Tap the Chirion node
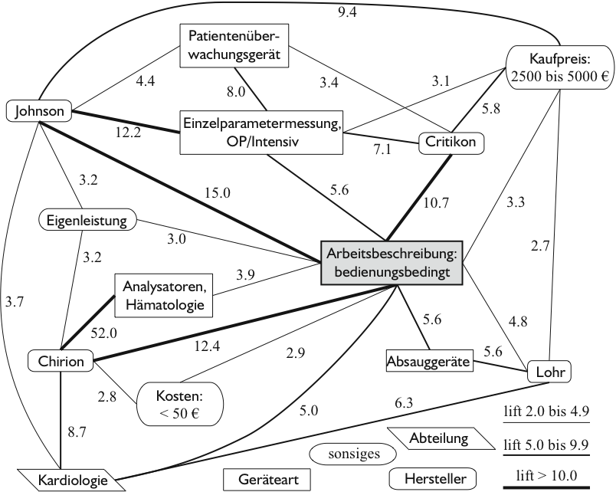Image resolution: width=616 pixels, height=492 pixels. (x=60, y=359)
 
